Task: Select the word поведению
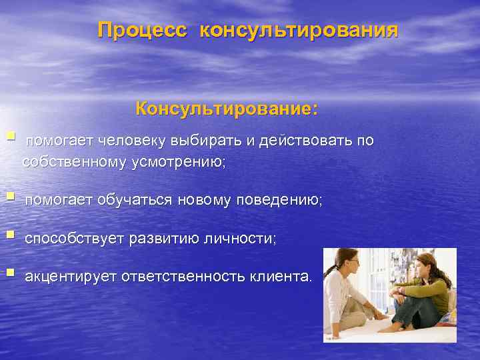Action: tap(278, 200)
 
